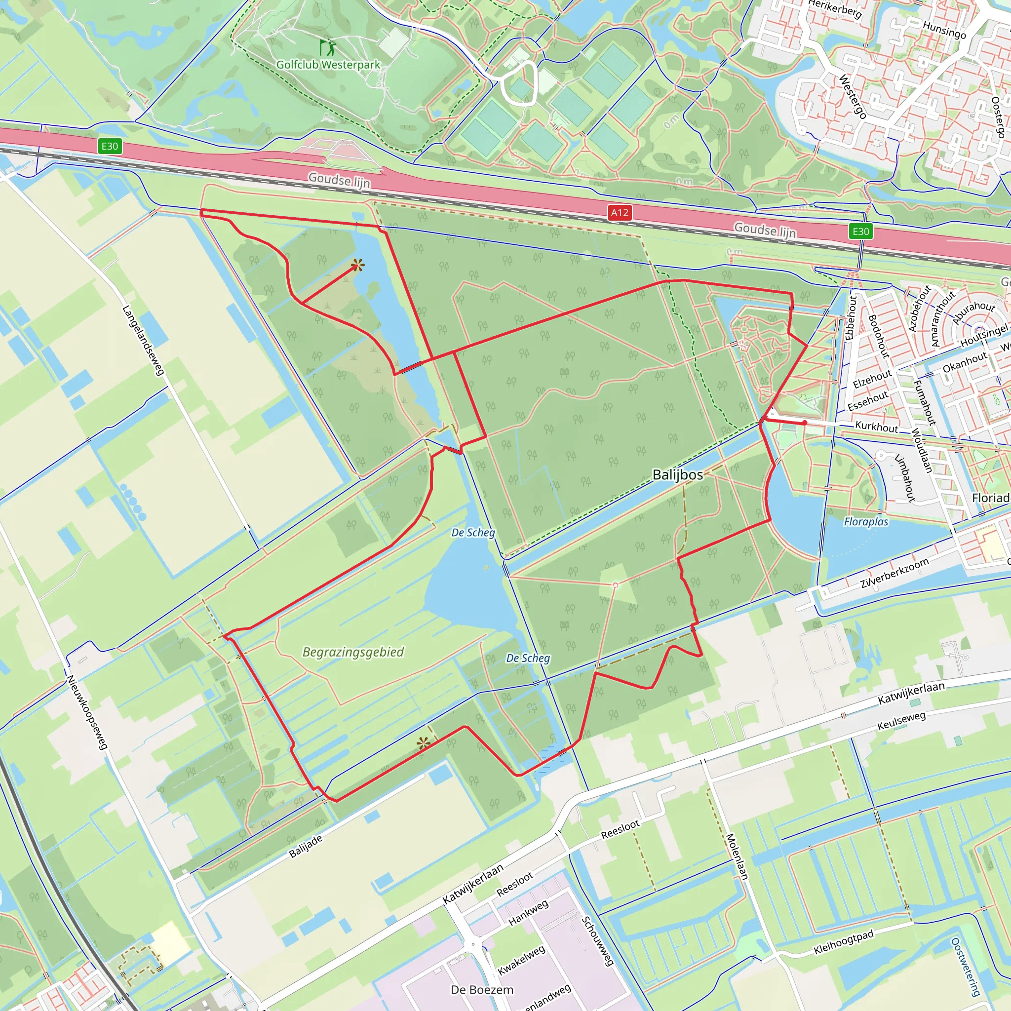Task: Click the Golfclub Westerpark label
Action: tap(328, 65)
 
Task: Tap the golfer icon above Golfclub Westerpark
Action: tap(328, 47)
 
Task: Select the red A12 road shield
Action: tap(620, 212)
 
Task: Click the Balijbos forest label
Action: tap(678, 474)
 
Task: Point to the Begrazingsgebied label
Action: tap(353, 652)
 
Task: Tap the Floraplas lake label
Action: tap(866, 522)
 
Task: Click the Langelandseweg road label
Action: tap(143, 340)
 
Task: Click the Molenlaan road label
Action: tap(738, 856)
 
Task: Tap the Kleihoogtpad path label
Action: tap(844, 942)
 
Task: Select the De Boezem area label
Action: tap(482, 990)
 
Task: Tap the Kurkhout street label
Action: tap(877, 427)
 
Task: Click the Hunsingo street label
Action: tap(944, 30)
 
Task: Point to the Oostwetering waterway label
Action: tap(965, 967)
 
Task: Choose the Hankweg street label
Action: tap(529, 912)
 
